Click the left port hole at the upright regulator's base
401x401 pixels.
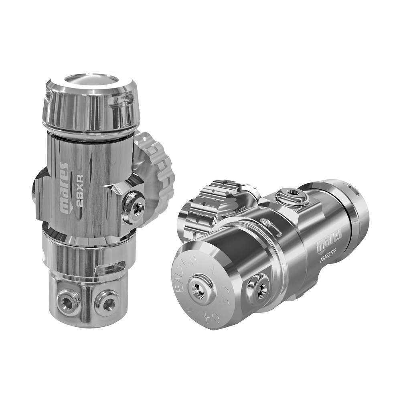[67, 303]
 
